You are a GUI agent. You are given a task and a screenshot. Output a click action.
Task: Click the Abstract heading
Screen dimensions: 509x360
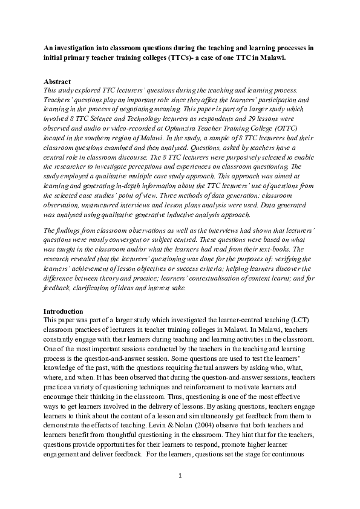click(57, 81)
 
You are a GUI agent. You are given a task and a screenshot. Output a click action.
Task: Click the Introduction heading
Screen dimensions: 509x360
click(64, 311)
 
